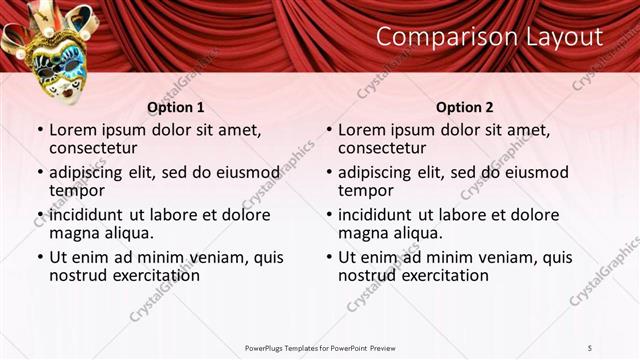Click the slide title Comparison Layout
pos(489,37)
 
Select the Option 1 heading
pos(175,107)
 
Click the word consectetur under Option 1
pos(99,149)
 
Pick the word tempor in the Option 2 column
pos(367,191)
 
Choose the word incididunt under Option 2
pos(386,214)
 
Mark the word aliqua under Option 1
pos(128,234)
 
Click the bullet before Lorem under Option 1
pos(39,130)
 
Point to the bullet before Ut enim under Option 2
pos(328,257)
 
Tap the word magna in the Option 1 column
pos(77,234)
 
